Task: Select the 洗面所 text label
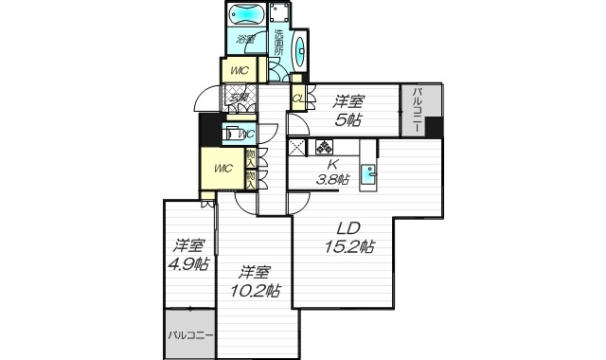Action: coord(280,43)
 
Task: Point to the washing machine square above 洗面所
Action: coord(279,14)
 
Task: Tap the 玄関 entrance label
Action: coord(238,96)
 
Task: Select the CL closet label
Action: coord(297,97)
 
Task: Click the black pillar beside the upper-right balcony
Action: coord(434,127)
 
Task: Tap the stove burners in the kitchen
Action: coord(325,148)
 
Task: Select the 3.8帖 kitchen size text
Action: coord(331,179)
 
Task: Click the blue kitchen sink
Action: coord(372,174)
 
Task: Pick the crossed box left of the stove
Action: coord(297,148)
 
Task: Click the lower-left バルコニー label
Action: coord(190,334)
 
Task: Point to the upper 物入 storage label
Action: coord(250,156)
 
